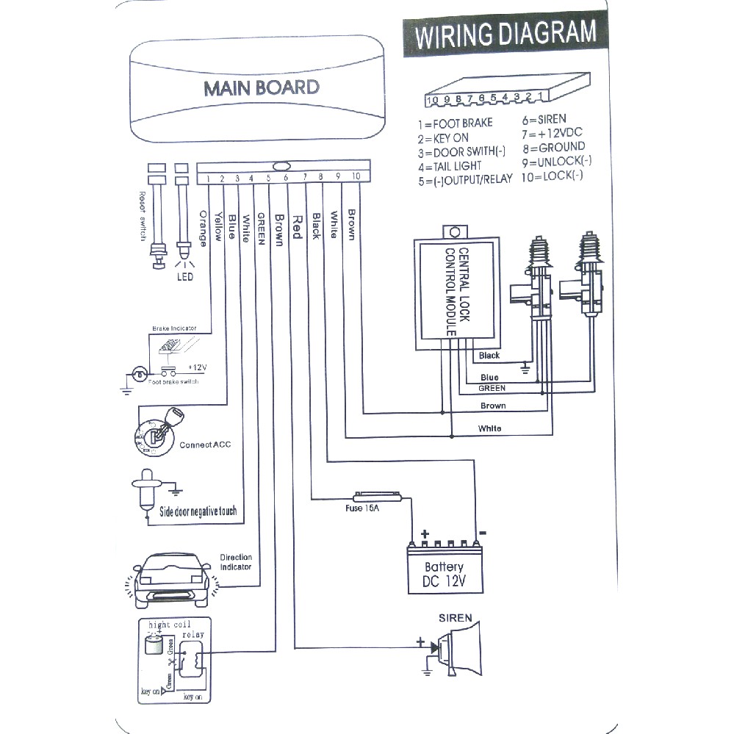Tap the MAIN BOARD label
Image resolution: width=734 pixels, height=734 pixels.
(x=262, y=87)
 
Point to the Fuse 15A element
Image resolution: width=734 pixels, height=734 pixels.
(x=377, y=497)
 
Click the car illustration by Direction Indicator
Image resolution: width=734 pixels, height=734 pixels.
(x=173, y=575)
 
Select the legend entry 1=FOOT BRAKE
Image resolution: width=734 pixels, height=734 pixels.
(x=455, y=123)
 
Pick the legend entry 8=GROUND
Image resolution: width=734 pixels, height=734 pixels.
(x=553, y=147)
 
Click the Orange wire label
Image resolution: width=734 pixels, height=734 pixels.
(x=204, y=229)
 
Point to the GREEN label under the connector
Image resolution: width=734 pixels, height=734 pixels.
(x=260, y=230)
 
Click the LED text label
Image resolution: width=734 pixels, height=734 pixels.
(x=184, y=277)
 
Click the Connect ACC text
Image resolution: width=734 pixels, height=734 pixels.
(x=205, y=445)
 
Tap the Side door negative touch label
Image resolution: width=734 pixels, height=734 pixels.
(x=198, y=511)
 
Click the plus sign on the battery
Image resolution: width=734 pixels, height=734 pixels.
(x=424, y=533)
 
